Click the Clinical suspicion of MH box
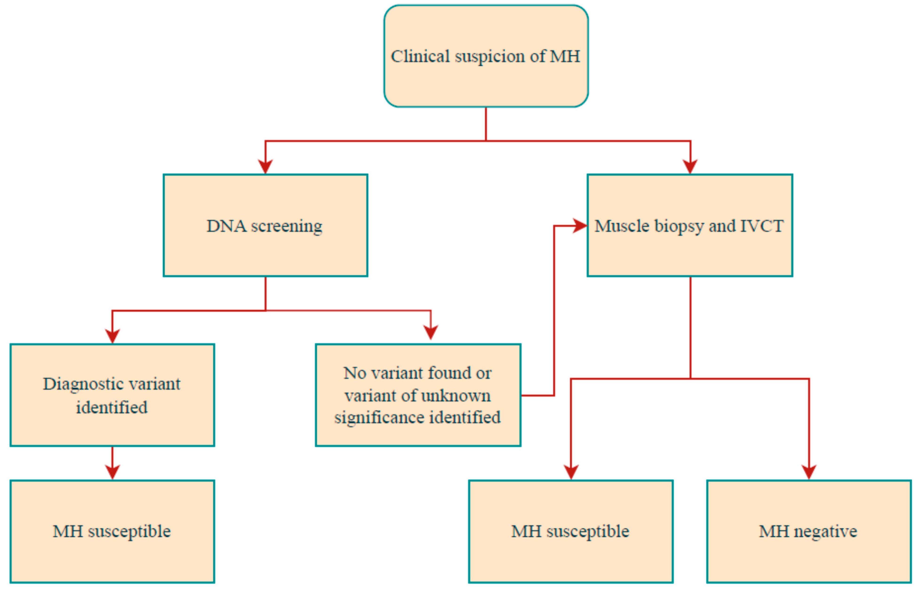486,56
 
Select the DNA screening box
265,226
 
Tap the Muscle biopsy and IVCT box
690,226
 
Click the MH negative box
809,531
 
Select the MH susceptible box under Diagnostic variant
112,531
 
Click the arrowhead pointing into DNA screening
265,167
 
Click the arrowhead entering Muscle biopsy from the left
580,226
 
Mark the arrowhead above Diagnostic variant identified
112,336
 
